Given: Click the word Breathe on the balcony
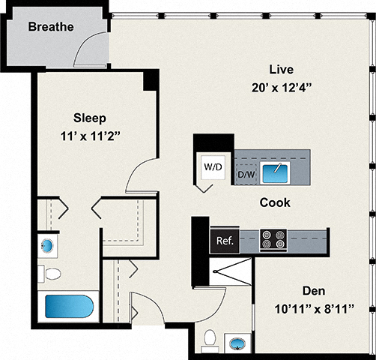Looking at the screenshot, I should click(x=51, y=28).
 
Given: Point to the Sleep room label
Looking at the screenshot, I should click(x=90, y=118).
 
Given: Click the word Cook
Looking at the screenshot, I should click(x=275, y=202).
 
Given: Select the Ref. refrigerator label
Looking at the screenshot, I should click(x=225, y=241).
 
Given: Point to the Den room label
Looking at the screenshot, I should click(x=313, y=291).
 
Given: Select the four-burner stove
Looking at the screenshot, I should click(x=273, y=239).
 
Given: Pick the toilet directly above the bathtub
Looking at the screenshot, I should click(x=52, y=274).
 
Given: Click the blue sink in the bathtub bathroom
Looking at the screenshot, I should click(x=47, y=245).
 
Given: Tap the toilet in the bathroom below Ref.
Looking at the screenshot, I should click(x=210, y=338).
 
